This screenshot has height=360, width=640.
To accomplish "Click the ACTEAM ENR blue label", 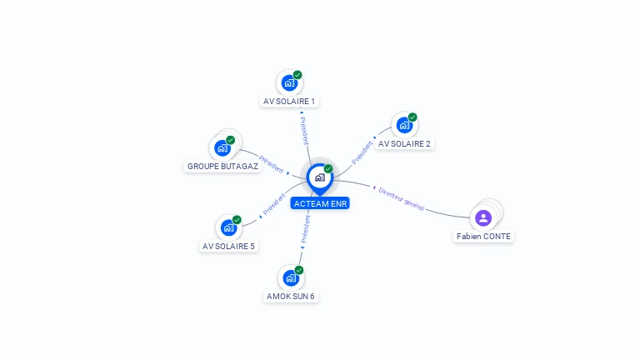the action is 320,203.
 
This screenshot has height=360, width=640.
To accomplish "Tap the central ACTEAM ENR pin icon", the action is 319,177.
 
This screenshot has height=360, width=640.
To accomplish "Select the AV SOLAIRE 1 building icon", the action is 288,83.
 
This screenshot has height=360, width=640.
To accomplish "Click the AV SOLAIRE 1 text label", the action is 289,102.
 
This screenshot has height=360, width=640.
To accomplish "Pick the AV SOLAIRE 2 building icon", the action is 404,126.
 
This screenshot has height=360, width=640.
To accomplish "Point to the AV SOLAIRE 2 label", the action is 404,144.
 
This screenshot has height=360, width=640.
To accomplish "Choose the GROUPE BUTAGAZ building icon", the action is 222,147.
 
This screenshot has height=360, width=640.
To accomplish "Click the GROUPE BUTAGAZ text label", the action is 223,167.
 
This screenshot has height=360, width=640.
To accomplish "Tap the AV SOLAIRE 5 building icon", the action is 228,227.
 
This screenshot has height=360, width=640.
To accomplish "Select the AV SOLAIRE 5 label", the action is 228,247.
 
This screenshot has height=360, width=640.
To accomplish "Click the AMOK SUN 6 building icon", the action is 290,277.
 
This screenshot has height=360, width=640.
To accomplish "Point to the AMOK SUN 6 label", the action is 291,297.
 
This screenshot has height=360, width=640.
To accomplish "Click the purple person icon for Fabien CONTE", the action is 483,218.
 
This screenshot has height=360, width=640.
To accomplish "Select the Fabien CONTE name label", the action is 483,237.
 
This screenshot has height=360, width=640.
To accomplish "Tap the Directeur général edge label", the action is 402,198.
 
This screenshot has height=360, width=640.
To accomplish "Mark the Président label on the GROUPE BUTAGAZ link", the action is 272,163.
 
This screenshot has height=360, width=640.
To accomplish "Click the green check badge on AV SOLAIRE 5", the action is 237,220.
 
